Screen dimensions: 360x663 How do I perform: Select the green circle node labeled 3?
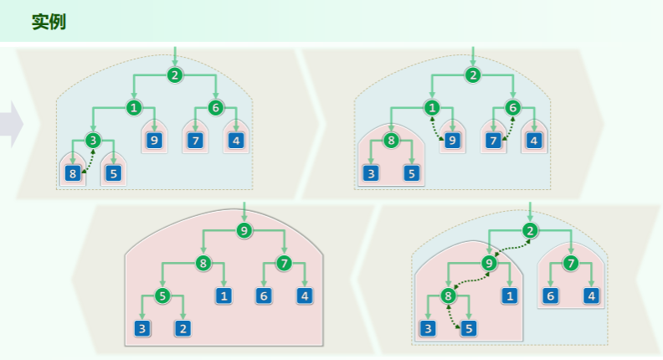(x=92, y=140)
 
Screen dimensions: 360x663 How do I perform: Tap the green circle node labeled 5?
(x=163, y=296)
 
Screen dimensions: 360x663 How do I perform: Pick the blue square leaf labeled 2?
(x=182, y=328)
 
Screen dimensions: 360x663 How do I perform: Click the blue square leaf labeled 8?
(x=72, y=174)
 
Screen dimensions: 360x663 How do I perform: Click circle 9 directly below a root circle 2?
(x=490, y=263)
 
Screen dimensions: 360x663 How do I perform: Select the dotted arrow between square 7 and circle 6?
(x=506, y=127)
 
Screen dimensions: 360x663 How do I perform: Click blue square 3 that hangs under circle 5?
(x=143, y=328)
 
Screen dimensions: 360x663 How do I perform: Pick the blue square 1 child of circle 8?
(x=224, y=296)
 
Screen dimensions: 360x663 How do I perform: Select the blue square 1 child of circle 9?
(x=510, y=296)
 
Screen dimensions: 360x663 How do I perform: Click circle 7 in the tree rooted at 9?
(x=285, y=264)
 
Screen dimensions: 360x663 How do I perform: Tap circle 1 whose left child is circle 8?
(x=432, y=107)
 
